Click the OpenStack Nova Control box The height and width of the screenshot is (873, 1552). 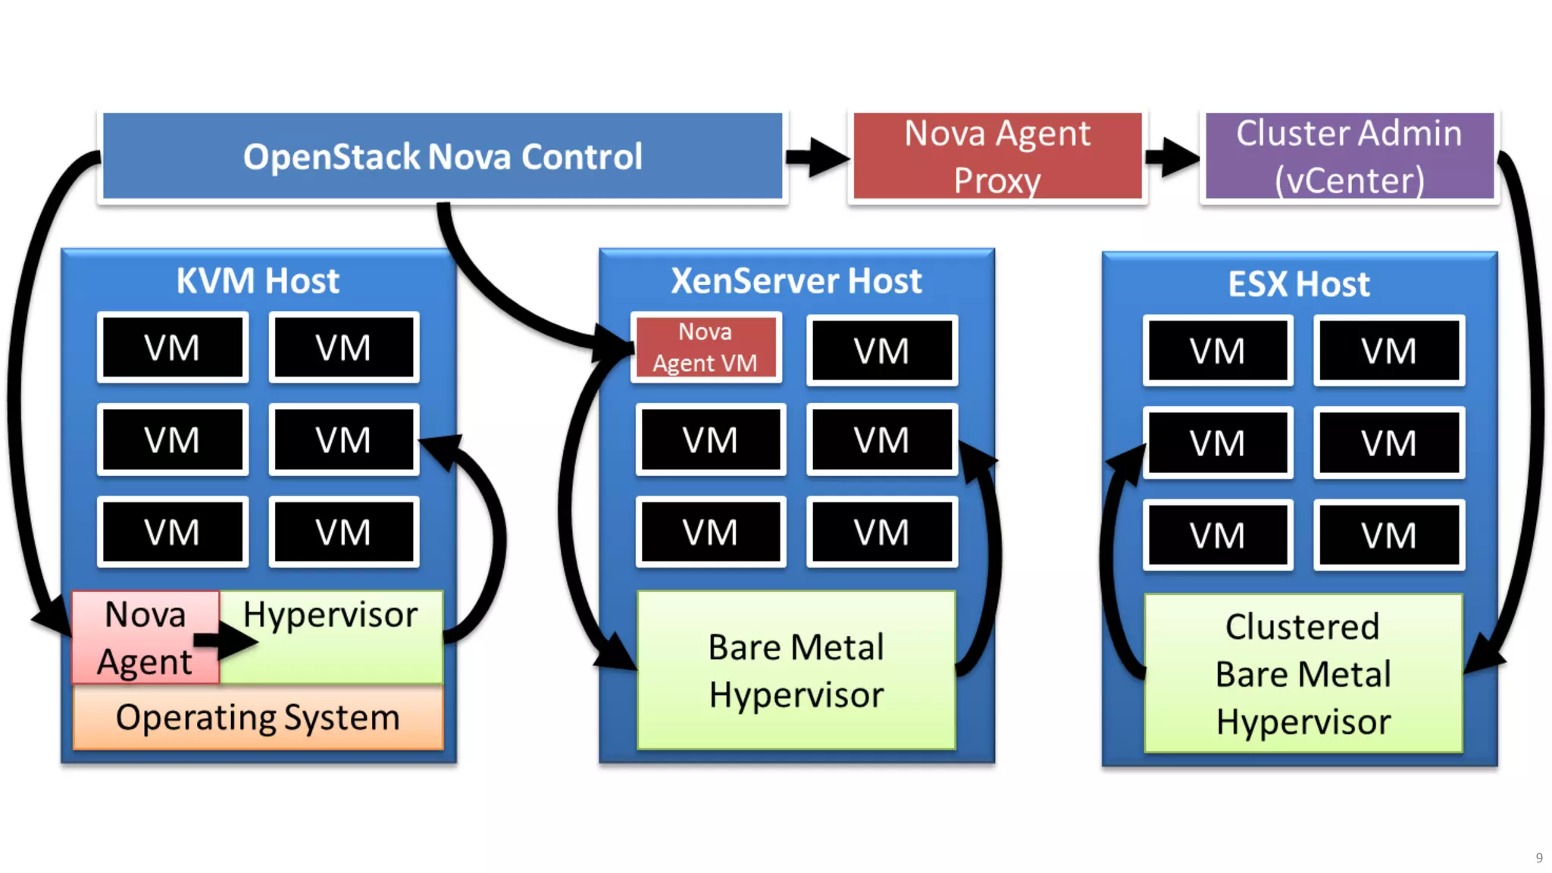[x=443, y=157]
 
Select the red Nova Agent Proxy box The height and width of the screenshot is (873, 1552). [x=997, y=157]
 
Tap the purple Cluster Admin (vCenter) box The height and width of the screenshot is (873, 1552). [x=1349, y=157]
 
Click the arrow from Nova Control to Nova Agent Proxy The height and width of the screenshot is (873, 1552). [x=817, y=157]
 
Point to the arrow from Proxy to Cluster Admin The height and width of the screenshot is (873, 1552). [x=1172, y=157]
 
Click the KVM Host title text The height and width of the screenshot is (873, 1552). [x=258, y=281]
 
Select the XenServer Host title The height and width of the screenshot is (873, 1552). [x=796, y=281]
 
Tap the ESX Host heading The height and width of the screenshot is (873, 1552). [x=1299, y=284]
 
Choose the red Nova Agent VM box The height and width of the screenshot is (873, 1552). [x=706, y=348]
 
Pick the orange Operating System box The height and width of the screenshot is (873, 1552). [x=258, y=718]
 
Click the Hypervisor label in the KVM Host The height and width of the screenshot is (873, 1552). [x=330, y=615]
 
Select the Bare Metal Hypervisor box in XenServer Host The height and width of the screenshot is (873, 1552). [x=796, y=671]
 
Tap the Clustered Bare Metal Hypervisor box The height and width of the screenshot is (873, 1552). [x=1303, y=674]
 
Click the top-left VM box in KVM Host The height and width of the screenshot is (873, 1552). [x=173, y=348]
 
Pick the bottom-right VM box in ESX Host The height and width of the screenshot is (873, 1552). [x=1388, y=536]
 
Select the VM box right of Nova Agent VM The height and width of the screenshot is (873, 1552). [x=882, y=351]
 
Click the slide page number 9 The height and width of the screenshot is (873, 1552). [x=1539, y=858]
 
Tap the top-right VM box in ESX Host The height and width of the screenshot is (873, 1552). [x=1388, y=351]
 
